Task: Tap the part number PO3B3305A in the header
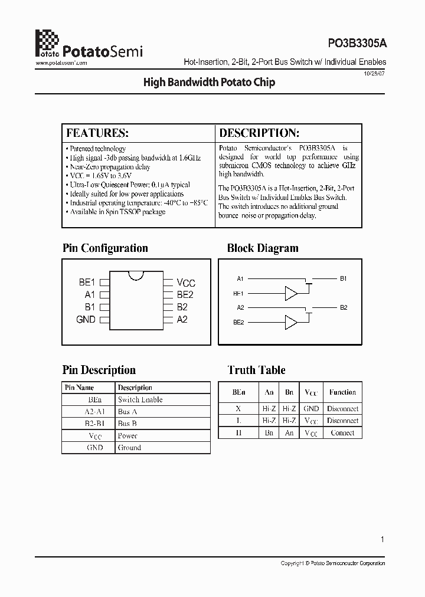pyautogui.click(x=357, y=43)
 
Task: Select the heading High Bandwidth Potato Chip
pyautogui.click(x=209, y=83)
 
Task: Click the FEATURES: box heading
pyautogui.click(x=97, y=133)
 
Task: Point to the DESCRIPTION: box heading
pyautogui.click(x=259, y=133)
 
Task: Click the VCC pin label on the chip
pyautogui.click(x=186, y=283)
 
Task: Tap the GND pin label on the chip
pyautogui.click(x=86, y=319)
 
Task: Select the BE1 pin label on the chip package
pyautogui.click(x=87, y=283)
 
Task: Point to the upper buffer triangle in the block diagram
pyautogui.click(x=291, y=293)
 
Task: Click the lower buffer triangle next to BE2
pyautogui.click(x=291, y=322)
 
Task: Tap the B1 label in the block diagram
pyautogui.click(x=344, y=278)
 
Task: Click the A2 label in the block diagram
pyautogui.click(x=240, y=307)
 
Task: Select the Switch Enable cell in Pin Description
pyautogui.click(x=140, y=399)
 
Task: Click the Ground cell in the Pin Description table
pyautogui.click(x=129, y=448)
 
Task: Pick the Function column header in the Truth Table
pyautogui.click(x=342, y=392)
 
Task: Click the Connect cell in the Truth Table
pyautogui.click(x=342, y=432)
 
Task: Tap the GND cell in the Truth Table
pyautogui.click(x=311, y=408)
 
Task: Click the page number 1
pyautogui.click(x=382, y=539)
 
